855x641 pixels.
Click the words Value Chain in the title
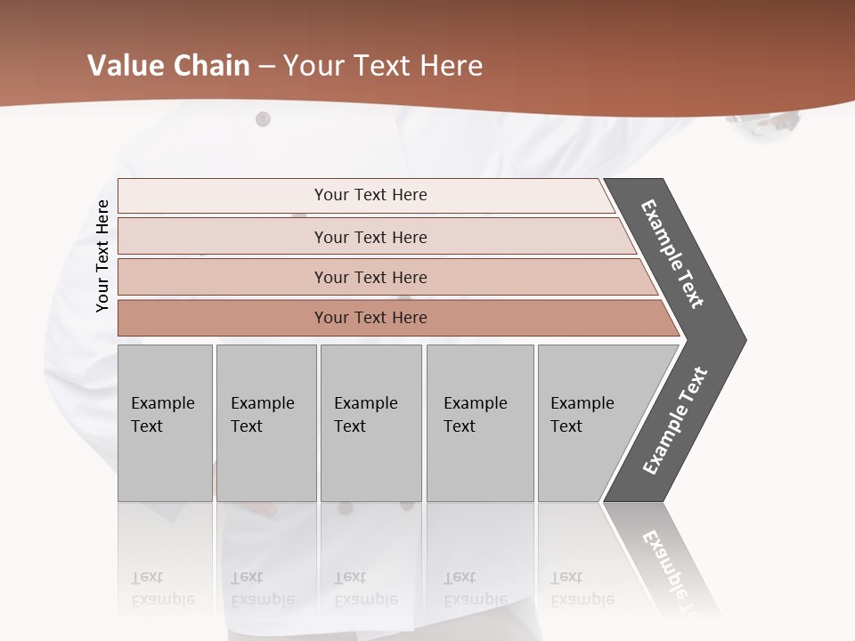168,66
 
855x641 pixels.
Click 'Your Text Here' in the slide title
383,66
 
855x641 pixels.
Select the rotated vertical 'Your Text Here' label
102,256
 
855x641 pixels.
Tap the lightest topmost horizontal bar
370,195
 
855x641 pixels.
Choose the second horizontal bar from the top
370,237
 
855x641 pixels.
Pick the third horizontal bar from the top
370,277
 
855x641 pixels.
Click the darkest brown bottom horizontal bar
370,318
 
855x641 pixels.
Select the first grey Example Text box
165,422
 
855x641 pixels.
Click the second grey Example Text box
265,422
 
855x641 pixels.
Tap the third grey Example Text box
370,422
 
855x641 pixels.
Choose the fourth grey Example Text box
480,422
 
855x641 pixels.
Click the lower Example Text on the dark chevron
675,421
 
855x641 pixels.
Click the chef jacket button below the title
263,119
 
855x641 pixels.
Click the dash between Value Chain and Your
266,67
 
